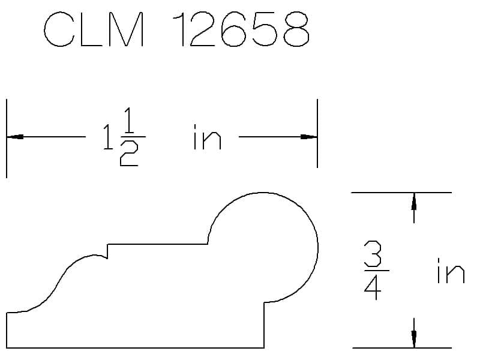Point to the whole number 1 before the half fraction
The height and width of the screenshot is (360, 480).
pyautogui.click(x=106, y=139)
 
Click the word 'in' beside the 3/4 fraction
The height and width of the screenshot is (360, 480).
pyautogui.click(x=450, y=271)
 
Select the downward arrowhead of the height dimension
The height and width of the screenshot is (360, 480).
pyautogui.click(x=413, y=340)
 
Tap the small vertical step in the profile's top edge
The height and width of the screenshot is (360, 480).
pyautogui.click(x=107, y=251)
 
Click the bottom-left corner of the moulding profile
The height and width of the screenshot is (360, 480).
pyautogui.click(x=7, y=347)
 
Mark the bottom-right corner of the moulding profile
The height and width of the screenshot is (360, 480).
pyautogui.click(x=264, y=347)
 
